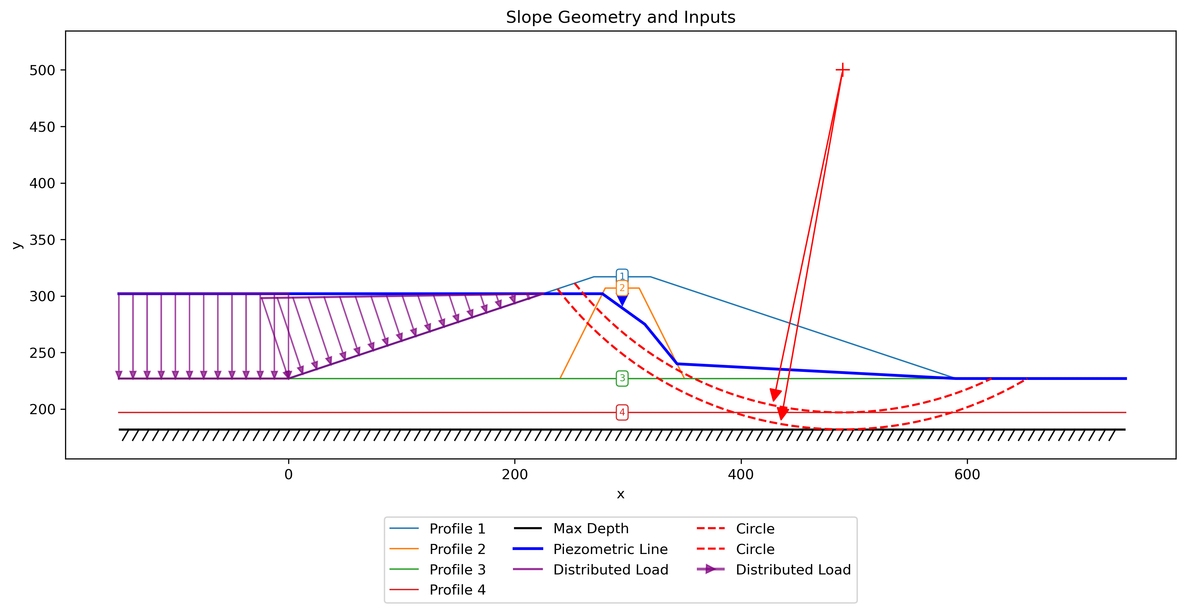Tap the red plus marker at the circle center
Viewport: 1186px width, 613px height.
coord(842,70)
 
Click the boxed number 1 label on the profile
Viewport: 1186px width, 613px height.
coord(622,276)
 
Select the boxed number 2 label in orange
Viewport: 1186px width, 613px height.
coord(622,288)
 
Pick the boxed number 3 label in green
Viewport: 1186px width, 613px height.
coord(622,378)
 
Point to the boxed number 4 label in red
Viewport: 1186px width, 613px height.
coord(622,412)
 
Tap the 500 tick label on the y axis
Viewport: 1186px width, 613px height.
coord(42,70)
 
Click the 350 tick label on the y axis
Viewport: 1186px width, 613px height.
coord(42,240)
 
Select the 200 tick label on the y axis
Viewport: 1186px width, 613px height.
coord(42,409)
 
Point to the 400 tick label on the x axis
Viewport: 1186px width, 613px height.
coord(741,475)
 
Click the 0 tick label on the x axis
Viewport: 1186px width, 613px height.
coord(288,475)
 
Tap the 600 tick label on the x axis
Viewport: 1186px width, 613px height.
coord(967,475)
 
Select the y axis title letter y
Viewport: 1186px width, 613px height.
coord(17,245)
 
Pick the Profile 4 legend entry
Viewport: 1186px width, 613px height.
coord(437,590)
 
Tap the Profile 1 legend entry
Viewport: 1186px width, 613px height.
coord(437,529)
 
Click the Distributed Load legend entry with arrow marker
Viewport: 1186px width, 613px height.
coord(773,569)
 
